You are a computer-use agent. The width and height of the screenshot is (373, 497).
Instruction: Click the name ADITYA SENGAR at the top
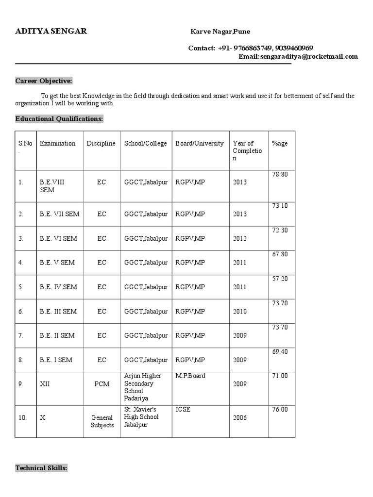coord(51,31)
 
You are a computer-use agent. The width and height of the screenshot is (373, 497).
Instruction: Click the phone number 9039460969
coord(294,48)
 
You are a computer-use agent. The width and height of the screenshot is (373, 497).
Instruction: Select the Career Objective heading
coord(44,81)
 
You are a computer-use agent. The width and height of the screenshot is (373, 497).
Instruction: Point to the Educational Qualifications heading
coord(59,118)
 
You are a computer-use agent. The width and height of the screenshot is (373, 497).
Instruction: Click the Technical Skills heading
coord(41,468)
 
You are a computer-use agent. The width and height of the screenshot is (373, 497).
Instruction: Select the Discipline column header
coord(101,143)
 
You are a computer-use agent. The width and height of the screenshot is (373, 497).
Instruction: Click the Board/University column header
coord(200,143)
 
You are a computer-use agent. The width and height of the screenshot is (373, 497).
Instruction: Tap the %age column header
coord(280,143)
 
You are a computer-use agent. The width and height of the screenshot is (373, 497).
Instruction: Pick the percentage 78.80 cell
coord(280,174)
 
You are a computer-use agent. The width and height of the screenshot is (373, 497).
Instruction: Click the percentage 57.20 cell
coord(280,279)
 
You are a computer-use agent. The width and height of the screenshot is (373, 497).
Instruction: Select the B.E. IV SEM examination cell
coord(58,287)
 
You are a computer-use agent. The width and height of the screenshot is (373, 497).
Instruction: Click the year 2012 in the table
coord(240,238)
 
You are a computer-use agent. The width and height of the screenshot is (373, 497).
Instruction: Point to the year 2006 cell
coord(240,417)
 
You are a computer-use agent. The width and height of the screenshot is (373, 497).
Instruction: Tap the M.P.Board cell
coord(190,376)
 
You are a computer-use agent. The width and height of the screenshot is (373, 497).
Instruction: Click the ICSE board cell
coord(183,409)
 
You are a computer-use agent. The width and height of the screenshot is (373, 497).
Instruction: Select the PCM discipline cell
coord(102,383)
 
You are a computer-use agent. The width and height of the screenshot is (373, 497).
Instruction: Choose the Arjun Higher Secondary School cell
coord(139,387)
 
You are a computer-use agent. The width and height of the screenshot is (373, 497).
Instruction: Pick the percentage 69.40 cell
coord(280,351)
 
